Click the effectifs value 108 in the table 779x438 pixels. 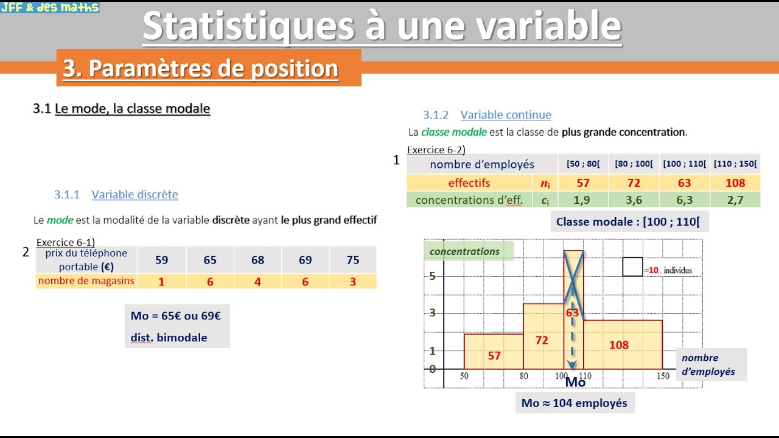[x=735, y=182]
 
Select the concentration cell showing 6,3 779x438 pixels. [x=684, y=200]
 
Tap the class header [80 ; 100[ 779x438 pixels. [x=634, y=164]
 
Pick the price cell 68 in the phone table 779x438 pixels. [x=257, y=260]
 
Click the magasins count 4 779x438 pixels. [x=257, y=281]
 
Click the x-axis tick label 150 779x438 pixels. [x=663, y=377]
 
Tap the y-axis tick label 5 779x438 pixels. [x=433, y=276]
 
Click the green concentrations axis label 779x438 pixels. [x=465, y=251]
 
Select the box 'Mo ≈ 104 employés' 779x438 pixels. [x=575, y=403]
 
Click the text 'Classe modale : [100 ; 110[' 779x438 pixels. [x=627, y=222]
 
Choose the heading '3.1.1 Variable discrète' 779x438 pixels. [x=116, y=195]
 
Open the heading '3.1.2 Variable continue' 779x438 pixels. [x=487, y=115]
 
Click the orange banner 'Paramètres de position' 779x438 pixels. [x=201, y=68]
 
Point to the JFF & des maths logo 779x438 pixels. [x=50, y=7]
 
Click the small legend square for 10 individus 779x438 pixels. [x=632, y=266]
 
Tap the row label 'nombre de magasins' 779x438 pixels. [x=86, y=281]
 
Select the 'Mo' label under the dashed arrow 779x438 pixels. [x=575, y=382]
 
